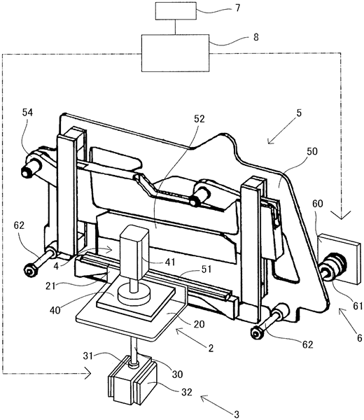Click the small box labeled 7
(x=176, y=10)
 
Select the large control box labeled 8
(x=175, y=53)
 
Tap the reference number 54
(x=27, y=113)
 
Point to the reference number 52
(x=199, y=119)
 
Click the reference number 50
(x=311, y=151)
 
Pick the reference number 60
(x=317, y=204)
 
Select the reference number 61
(x=358, y=306)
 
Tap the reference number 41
(x=170, y=262)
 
